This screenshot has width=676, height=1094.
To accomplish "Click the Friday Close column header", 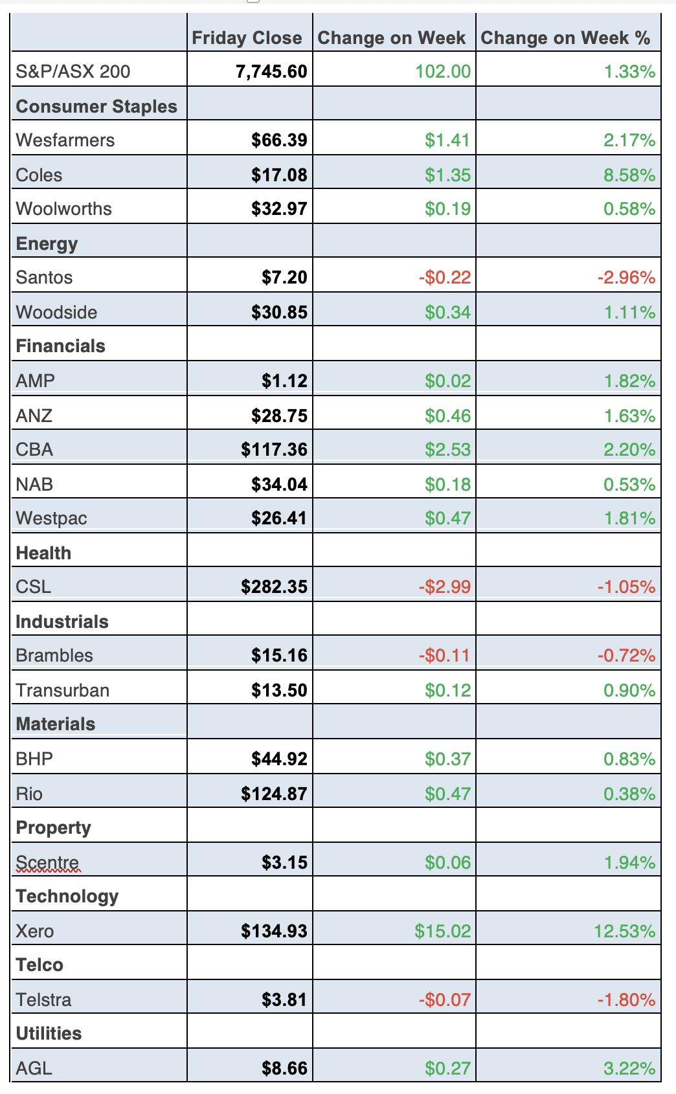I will pyautogui.click(x=247, y=38).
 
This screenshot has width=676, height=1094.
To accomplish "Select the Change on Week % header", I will pyautogui.click(x=565, y=38).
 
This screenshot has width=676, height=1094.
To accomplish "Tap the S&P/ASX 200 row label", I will pyautogui.click(x=73, y=71).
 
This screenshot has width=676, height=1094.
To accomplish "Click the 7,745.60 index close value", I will pyautogui.click(x=271, y=71).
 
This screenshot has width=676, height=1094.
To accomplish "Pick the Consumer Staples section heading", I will pyautogui.click(x=96, y=106).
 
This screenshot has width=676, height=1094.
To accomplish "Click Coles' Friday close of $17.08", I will pyautogui.click(x=279, y=175).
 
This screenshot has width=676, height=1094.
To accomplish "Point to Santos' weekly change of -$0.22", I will pyautogui.click(x=444, y=278).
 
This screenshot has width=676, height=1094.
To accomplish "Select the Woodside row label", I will pyautogui.click(x=56, y=312).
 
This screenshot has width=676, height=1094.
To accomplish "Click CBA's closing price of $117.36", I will pyautogui.click(x=274, y=449).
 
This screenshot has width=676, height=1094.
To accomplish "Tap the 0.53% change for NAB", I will pyautogui.click(x=629, y=484).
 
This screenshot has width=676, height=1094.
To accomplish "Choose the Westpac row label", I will pyautogui.click(x=51, y=518).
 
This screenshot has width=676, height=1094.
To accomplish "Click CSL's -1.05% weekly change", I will pyautogui.click(x=625, y=587).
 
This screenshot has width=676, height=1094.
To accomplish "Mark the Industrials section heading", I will pyautogui.click(x=62, y=621).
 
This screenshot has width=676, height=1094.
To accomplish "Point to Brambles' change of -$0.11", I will pyautogui.click(x=444, y=656).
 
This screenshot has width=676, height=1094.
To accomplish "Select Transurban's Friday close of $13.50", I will pyautogui.click(x=279, y=690).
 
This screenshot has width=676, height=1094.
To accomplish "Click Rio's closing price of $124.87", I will pyautogui.click(x=274, y=794).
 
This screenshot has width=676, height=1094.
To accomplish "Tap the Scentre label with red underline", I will pyautogui.click(x=47, y=862).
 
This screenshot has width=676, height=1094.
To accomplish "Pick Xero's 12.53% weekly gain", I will pyautogui.click(x=624, y=932).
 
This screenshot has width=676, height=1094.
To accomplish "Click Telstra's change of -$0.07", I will pyautogui.click(x=444, y=1000).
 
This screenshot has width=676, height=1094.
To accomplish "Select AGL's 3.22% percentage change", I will pyautogui.click(x=629, y=1068).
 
